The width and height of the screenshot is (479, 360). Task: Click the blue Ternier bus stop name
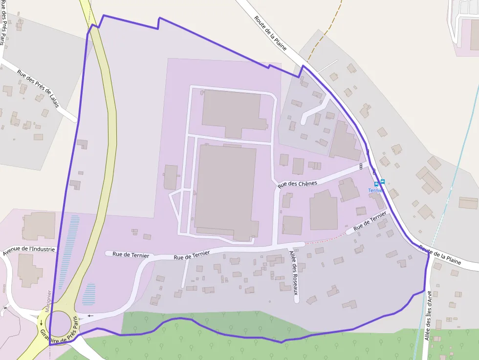point(375,191)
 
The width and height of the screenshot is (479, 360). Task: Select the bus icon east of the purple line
point(382,182)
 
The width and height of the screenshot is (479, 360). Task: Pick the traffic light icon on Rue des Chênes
point(361,166)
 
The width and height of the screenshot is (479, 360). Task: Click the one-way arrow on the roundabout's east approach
point(90,316)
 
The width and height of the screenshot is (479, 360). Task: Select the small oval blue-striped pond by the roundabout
point(89,294)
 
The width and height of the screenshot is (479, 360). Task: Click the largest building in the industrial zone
point(226,191)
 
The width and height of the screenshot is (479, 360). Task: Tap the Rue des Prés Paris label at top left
point(2,22)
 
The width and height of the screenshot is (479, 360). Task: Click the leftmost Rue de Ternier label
point(127,254)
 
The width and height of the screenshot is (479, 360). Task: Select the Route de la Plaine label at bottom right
point(440,255)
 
